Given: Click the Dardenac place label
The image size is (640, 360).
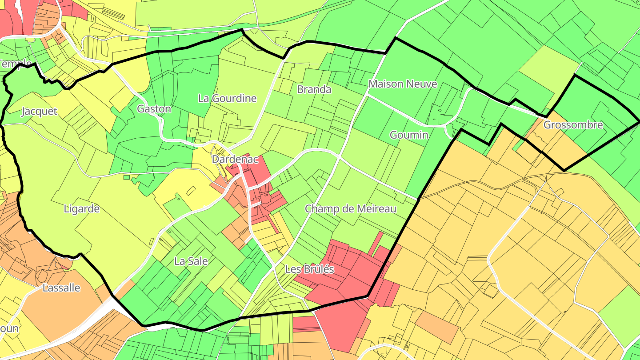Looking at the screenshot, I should coord(235,159).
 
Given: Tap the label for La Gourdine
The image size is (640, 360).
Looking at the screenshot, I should coord(227,98).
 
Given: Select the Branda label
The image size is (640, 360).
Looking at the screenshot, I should coord(314,89).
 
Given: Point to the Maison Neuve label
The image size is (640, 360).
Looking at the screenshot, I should coord(403,84).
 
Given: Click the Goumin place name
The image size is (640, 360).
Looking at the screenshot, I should coord(408,135).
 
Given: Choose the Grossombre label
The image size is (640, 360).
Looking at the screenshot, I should coord(573,125).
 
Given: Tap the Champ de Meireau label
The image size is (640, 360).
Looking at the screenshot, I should coord(350,208).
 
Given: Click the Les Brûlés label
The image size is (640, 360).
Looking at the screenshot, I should coord(309,269).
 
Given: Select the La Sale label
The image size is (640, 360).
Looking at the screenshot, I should coord(191,261).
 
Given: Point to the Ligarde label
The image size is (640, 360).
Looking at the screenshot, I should coord(82,208).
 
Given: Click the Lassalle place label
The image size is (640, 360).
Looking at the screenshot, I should coord(61,288).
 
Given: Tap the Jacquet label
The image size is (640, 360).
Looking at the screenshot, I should coord(39,111).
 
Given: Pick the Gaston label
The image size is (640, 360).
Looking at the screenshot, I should coord(154,109).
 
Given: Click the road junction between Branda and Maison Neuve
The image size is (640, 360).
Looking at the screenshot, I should coord(367,94).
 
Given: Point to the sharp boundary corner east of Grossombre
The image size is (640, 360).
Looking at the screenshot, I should coord(638,121).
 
